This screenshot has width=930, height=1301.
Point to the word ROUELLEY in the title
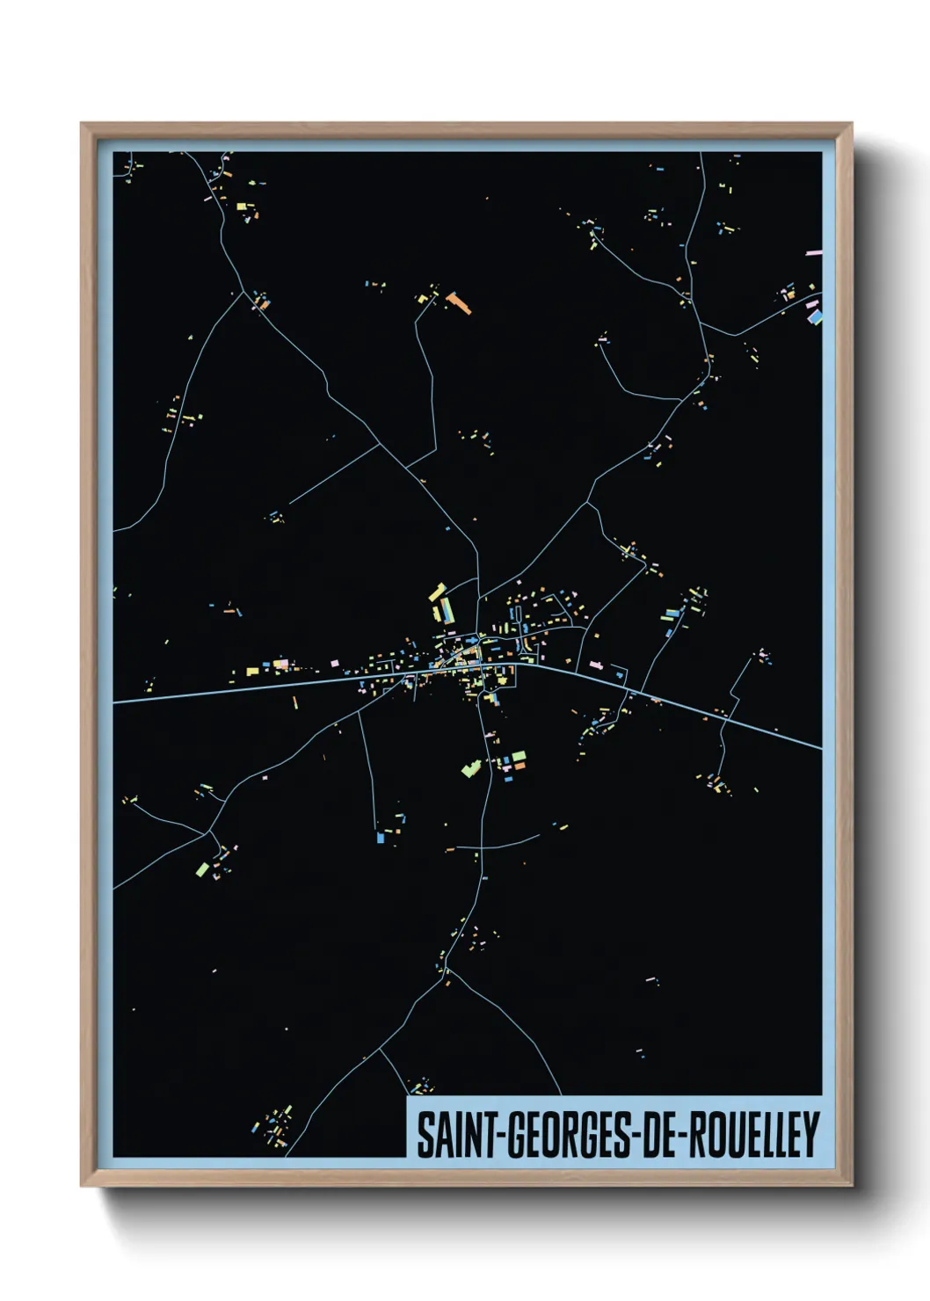753,1135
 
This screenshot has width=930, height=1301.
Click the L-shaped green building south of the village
471,769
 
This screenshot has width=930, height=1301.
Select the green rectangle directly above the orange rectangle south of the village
519,756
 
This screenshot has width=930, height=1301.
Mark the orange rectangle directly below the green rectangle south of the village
519,767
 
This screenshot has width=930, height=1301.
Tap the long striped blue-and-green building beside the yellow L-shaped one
447,610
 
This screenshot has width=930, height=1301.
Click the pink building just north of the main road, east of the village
596,665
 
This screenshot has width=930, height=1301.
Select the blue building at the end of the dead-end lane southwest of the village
380,837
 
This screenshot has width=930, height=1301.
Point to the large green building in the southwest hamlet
202,869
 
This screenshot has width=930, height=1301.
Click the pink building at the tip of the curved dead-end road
602,338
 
